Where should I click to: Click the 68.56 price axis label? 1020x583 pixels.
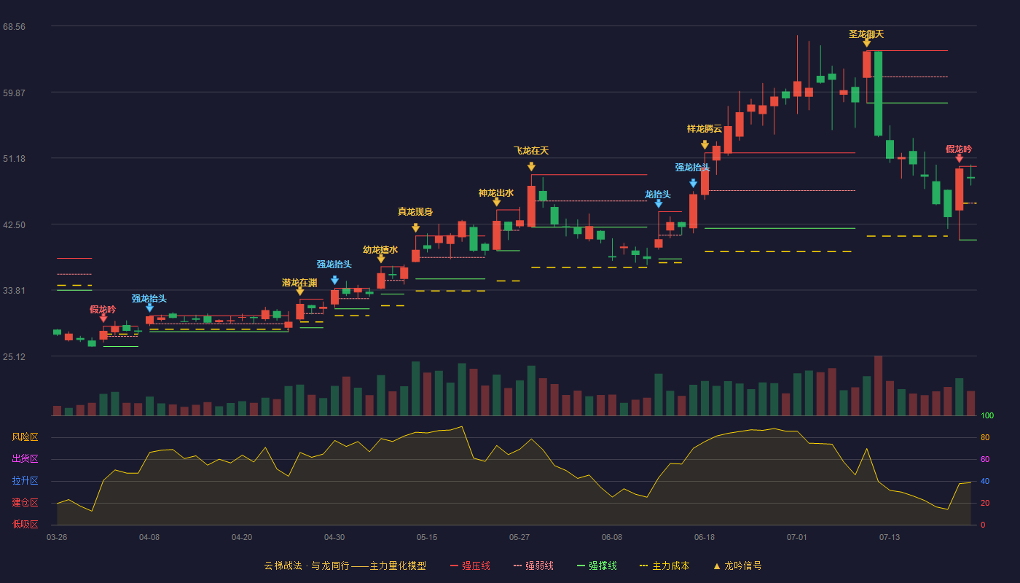pyautogui.click(x=14, y=27)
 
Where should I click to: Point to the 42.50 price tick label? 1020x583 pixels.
pyautogui.click(x=14, y=225)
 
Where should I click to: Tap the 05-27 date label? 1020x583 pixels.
pyautogui.click(x=519, y=538)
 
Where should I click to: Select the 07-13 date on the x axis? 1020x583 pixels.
pyautogui.click(x=890, y=538)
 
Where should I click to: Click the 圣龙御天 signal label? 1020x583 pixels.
pyautogui.click(x=866, y=34)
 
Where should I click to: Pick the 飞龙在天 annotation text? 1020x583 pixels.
pyautogui.click(x=531, y=151)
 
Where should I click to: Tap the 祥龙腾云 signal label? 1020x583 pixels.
pyautogui.click(x=705, y=129)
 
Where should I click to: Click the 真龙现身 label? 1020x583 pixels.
pyautogui.click(x=415, y=212)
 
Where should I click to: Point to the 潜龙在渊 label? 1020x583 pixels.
pyautogui.click(x=299, y=283)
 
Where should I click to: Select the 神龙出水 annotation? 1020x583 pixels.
pyautogui.click(x=496, y=193)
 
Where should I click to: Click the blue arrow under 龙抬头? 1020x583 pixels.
pyautogui.click(x=659, y=203)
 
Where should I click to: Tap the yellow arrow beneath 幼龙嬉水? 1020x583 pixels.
pyautogui.click(x=380, y=259)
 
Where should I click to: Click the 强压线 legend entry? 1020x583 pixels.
pyautogui.click(x=470, y=566)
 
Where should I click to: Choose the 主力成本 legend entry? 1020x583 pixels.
pyautogui.click(x=664, y=566)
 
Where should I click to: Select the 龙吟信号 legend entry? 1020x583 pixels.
pyautogui.click(x=737, y=566)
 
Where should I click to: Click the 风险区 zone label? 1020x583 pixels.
pyautogui.click(x=25, y=437)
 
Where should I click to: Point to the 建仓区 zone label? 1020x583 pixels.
pyautogui.click(x=25, y=503)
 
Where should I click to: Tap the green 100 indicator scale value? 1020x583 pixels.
pyautogui.click(x=987, y=415)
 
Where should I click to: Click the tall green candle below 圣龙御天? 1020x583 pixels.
pyautogui.click(x=878, y=93)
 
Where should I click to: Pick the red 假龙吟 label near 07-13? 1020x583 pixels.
pyautogui.click(x=959, y=149)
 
